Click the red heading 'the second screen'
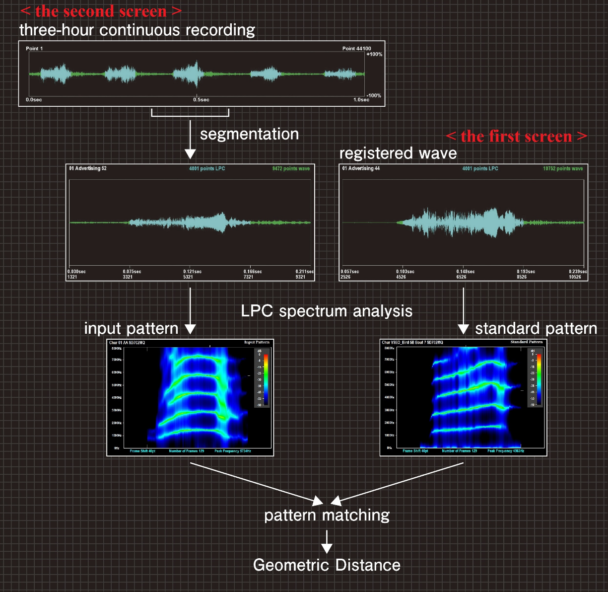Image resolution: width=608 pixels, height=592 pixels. [x=100, y=11]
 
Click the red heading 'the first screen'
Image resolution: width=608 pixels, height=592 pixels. [x=516, y=136]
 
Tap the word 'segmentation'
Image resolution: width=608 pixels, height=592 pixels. [x=249, y=134]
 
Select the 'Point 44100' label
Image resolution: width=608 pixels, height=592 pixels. [x=356, y=49]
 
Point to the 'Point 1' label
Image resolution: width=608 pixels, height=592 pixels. [x=34, y=49]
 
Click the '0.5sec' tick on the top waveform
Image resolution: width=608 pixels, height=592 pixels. [x=201, y=100]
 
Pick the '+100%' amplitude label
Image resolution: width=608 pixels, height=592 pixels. [x=374, y=54]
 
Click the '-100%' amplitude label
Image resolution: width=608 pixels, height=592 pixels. [x=374, y=95]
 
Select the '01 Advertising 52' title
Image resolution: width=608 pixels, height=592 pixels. [x=88, y=168]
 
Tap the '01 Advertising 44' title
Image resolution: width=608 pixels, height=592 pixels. [x=361, y=168]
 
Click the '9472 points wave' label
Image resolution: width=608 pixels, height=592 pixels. [x=291, y=169]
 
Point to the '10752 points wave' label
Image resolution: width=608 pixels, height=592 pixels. [x=563, y=169]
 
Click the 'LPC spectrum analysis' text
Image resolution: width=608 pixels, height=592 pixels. [x=327, y=311]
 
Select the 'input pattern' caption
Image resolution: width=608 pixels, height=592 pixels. [x=131, y=328]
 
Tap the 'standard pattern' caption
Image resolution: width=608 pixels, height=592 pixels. [x=536, y=328]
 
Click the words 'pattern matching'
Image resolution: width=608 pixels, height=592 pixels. [x=327, y=515]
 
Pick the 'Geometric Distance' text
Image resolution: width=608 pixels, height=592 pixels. [x=327, y=565]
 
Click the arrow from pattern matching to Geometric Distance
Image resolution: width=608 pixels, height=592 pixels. [x=327, y=541]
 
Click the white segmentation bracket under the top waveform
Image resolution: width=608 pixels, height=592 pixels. [x=190, y=115]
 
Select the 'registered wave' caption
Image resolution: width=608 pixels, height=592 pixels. [x=398, y=153]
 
